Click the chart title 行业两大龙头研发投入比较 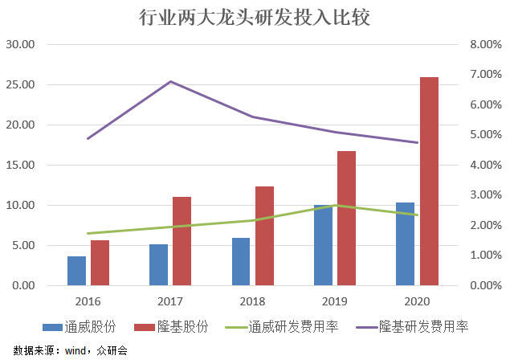255,18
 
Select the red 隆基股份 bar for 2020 429,182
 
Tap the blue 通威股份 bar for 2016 77,271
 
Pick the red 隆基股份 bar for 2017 182,241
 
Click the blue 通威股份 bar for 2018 241,262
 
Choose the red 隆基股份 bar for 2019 346,218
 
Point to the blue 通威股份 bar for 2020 405,244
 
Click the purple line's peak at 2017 170,81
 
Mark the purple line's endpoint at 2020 417,142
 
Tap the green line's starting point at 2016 88,234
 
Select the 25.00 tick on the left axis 20,84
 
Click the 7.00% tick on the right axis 485,75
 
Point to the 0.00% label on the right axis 485,285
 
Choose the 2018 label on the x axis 252,301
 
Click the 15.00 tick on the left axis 20,165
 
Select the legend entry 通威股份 80,327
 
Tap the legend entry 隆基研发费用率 411,327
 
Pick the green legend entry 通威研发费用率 282,327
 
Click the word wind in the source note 75,351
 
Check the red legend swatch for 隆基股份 145,327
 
